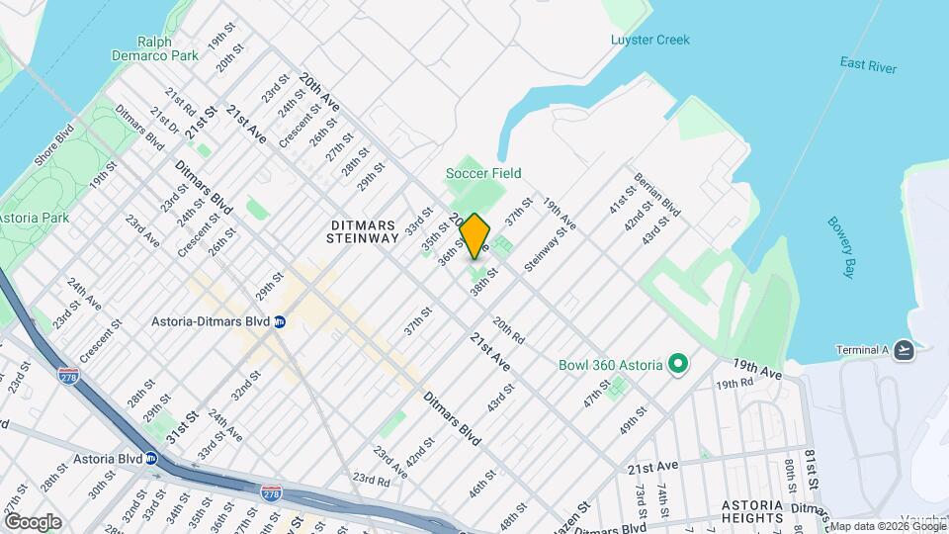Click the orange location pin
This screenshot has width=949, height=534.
coord(474,235)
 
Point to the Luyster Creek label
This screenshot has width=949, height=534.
coord(649,40)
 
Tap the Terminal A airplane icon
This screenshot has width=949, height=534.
coord(903,349)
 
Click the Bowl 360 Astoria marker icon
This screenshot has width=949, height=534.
coord(678,365)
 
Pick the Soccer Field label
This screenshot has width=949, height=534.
coord(483,173)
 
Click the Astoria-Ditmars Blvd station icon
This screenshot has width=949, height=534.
coord(280,321)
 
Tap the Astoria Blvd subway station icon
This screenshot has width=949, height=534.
coord(152,459)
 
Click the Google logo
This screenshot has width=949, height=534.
coord(33,521)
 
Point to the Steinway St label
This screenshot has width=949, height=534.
coord(546,249)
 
